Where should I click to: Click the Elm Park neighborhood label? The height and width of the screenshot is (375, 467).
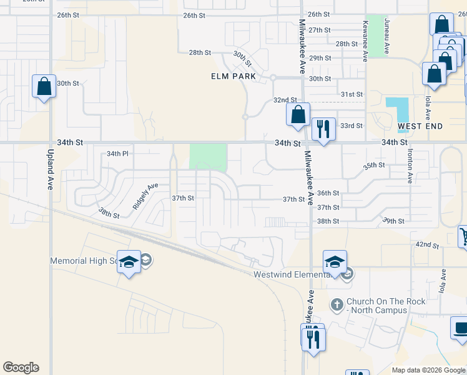tap(233, 76)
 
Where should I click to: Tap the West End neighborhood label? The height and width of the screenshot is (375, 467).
tap(420, 126)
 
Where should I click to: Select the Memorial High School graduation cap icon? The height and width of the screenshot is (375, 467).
tap(129, 262)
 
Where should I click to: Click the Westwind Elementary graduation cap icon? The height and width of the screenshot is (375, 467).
tap(335, 261)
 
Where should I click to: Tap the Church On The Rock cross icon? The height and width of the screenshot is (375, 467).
tap(337, 304)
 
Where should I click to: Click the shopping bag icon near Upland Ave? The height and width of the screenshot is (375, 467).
tap(44, 86)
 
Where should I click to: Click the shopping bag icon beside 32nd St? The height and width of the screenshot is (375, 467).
tap(298, 115)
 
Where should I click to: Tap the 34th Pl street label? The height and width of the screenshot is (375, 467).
tap(117, 153)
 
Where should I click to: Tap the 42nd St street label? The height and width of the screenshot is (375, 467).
tap(428, 244)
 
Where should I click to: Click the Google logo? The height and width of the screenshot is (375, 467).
tap(21, 367)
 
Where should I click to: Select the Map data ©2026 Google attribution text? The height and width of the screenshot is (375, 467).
tap(428, 370)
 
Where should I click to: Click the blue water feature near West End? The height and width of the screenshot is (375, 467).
tap(396, 110)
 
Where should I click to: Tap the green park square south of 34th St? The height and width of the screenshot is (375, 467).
tap(209, 156)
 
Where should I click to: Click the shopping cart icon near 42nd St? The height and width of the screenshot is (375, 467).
tap(463, 236)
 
